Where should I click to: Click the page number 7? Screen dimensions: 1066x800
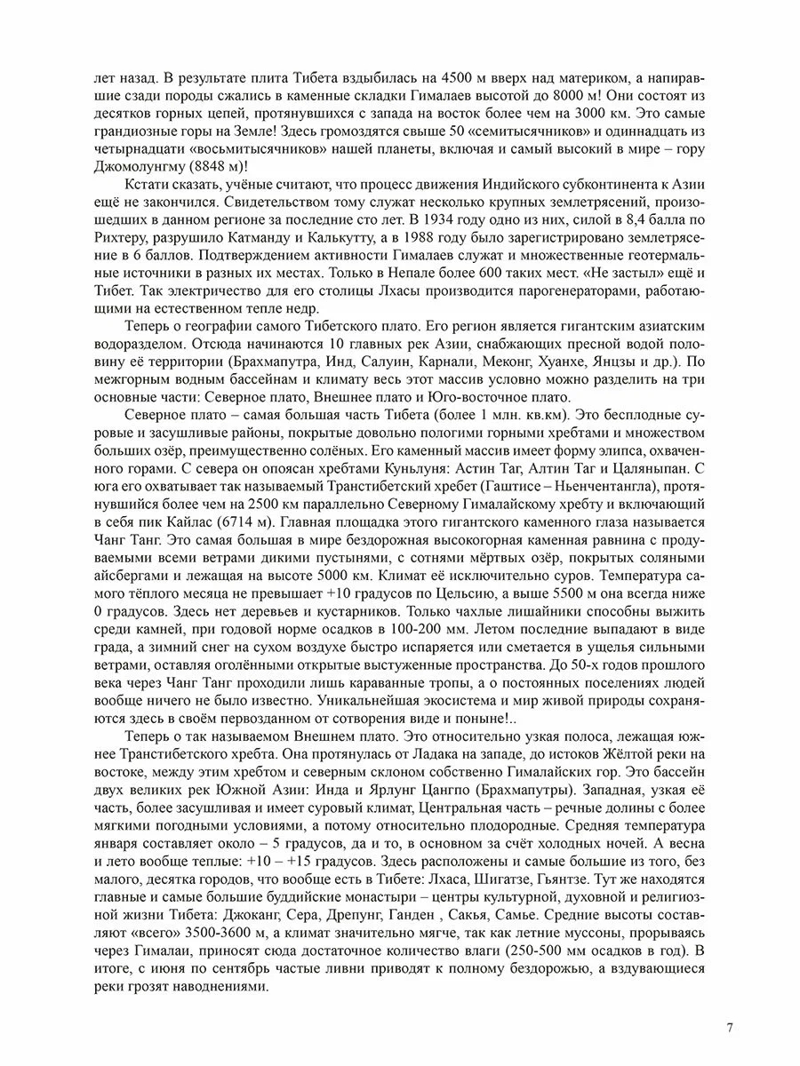tap(730, 1028)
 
